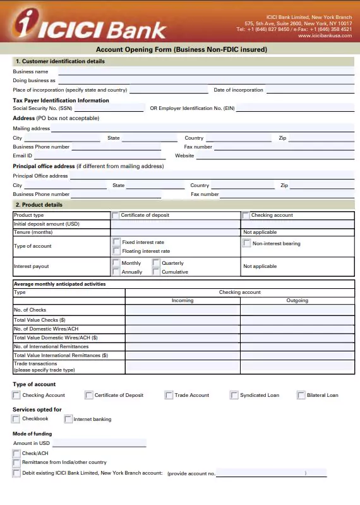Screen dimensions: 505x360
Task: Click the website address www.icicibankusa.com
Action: tap(325, 36)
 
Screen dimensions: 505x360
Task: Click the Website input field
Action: tap(275, 155)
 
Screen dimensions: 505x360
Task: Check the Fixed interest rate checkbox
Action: tap(116, 242)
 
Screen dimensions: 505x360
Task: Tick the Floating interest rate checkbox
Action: tap(116, 251)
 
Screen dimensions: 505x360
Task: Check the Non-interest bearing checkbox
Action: tap(247, 243)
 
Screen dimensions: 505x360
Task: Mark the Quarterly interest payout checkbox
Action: tap(156, 263)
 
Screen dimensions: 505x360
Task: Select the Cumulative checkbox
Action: tap(156, 272)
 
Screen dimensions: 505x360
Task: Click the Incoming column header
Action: tap(183, 301)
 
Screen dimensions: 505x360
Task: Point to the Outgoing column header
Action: tap(297, 301)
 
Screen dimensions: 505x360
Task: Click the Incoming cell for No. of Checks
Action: tap(183, 310)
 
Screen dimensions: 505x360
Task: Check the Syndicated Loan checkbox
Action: tap(234, 395)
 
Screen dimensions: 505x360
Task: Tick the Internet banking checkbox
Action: tap(68, 419)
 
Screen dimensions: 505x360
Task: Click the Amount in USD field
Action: tap(99, 443)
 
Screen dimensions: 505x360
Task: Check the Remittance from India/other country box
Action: tap(16, 463)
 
